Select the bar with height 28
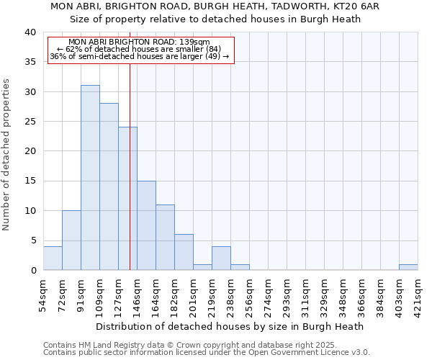tap(109, 186)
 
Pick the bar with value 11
tap(165, 238)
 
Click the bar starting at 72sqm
tap(71, 240)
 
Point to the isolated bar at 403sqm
tap(408, 267)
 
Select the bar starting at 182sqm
tap(184, 252)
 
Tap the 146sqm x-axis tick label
tap(137, 295)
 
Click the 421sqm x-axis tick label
tap(418, 295)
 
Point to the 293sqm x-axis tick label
tap(287, 295)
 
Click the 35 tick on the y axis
tap(32, 62)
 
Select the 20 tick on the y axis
tap(32, 151)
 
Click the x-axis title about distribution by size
tap(230, 326)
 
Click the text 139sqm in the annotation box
tap(194, 42)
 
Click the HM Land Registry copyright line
tap(205, 345)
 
